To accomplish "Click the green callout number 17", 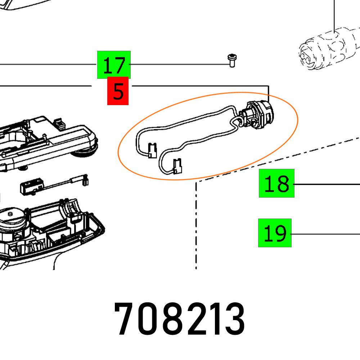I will pyautogui.click(x=114, y=65).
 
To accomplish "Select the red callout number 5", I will pyautogui.click(x=118, y=91).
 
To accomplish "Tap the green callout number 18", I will pyautogui.click(x=276, y=184).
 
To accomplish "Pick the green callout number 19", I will pyautogui.click(x=275, y=233).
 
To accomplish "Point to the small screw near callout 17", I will pyautogui.click(x=232, y=60).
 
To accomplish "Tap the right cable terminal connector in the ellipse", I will pyautogui.click(x=177, y=166).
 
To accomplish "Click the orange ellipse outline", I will pyautogui.click(x=297, y=119).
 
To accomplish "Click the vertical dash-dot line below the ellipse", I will pyautogui.click(x=196, y=223).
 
